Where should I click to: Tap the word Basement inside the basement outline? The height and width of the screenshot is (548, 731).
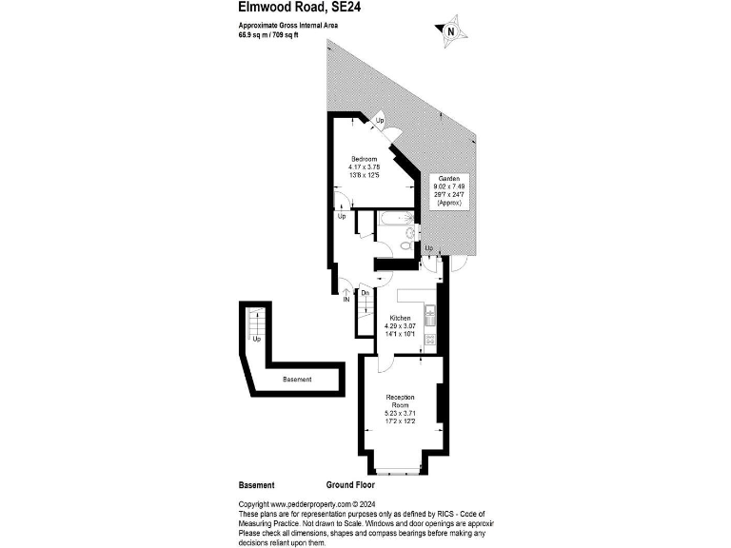pyautogui.click(x=298, y=380)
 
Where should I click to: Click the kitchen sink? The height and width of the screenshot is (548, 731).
pyautogui.click(x=430, y=310)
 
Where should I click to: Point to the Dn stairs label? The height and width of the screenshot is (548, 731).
pyautogui.click(x=365, y=293)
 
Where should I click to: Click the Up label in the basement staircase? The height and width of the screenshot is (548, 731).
pyautogui.click(x=256, y=339)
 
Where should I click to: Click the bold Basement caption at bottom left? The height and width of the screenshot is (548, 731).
pyautogui.click(x=256, y=484)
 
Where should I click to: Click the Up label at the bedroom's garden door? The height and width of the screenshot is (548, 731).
pyautogui.click(x=379, y=122)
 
